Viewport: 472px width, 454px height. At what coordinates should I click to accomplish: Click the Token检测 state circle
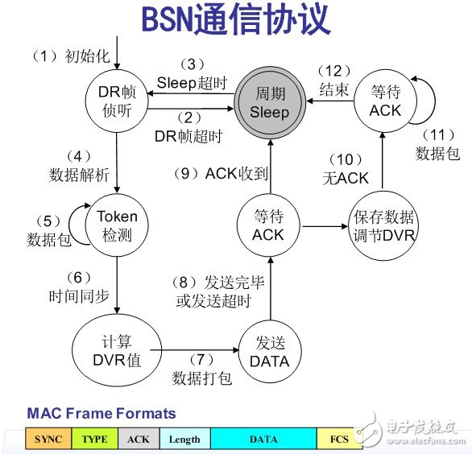tap(118, 225)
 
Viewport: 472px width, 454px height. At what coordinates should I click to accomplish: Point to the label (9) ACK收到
tap(214, 172)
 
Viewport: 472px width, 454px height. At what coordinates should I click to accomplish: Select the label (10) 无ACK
tap(345, 170)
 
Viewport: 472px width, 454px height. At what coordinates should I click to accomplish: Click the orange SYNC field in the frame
tap(49, 440)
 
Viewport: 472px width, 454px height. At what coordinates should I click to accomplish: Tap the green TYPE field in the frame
tap(96, 440)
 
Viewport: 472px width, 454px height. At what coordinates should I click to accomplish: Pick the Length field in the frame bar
tap(185, 440)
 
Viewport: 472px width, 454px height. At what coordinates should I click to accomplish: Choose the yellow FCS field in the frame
tap(337, 440)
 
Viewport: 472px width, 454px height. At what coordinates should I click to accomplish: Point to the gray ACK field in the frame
tap(139, 440)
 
